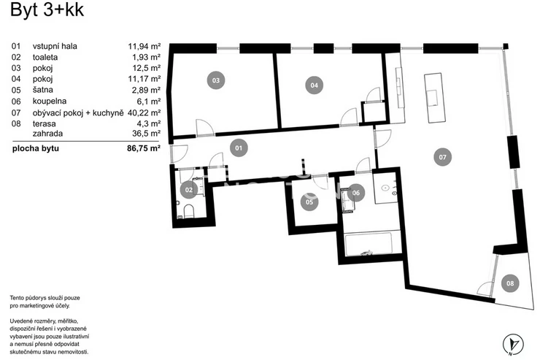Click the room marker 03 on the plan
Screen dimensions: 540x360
[x=215, y=80]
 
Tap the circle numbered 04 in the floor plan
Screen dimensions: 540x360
[x=314, y=85]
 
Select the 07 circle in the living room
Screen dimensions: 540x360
[x=442, y=157]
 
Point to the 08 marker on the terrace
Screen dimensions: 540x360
[x=510, y=283]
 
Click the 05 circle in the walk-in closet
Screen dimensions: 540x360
[x=309, y=202]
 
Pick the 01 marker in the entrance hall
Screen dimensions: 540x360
[x=239, y=148]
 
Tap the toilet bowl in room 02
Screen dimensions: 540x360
[x=189, y=212]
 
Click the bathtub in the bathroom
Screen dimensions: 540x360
[x=369, y=245]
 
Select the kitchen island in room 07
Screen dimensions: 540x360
[x=435, y=98]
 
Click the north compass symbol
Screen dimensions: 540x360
[x=513, y=344]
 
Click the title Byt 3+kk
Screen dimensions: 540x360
[x=47, y=9]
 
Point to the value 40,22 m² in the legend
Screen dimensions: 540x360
[x=144, y=112]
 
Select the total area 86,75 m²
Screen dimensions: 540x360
[x=144, y=148]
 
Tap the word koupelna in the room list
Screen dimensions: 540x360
[x=50, y=102]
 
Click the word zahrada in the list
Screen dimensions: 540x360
[x=48, y=134]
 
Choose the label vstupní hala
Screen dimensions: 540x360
[x=55, y=46]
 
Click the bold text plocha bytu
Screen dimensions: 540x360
[x=36, y=148]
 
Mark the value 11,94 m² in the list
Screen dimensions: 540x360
[x=144, y=46]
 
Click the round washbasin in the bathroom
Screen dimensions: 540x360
[x=385, y=188]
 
